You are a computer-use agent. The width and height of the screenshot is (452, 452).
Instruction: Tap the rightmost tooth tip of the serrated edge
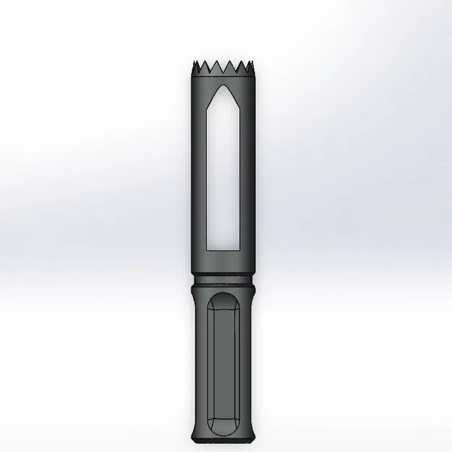point(254,64)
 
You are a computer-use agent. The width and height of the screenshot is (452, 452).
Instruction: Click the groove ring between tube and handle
point(223,278)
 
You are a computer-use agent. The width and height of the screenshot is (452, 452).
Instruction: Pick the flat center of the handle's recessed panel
point(223,362)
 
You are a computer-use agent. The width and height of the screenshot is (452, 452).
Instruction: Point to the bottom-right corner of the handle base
point(254,442)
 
